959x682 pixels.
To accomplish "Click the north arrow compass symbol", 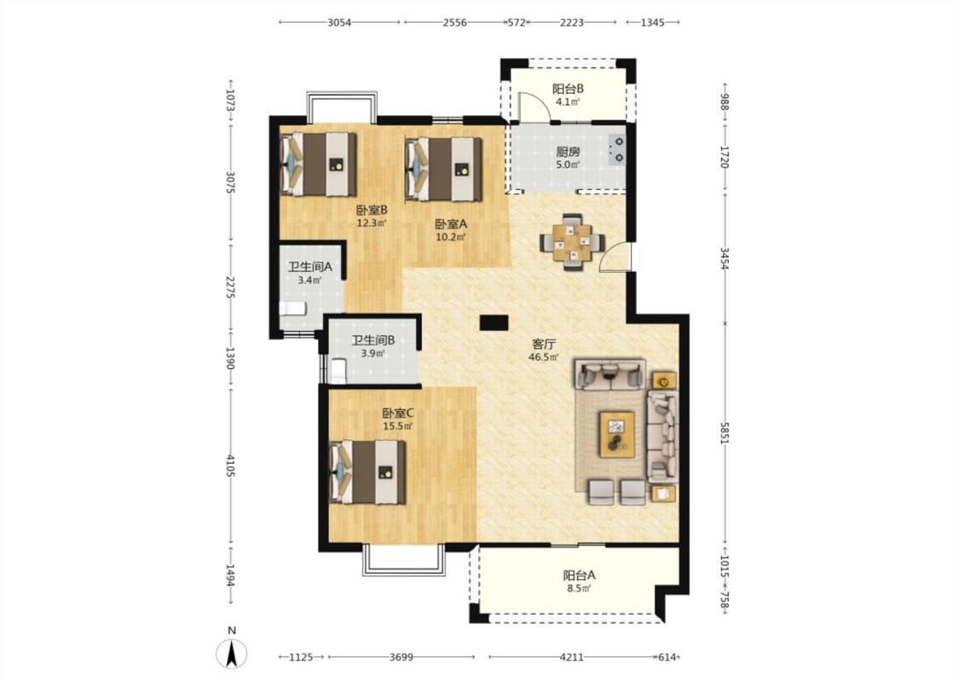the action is click(232, 653).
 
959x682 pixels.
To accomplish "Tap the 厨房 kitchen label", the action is click(568, 152).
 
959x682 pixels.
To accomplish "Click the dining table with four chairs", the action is click(573, 242).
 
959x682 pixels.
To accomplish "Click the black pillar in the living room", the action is click(494, 322).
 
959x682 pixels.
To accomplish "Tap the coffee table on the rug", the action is click(616, 434).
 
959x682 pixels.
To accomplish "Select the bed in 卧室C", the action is click(367, 472).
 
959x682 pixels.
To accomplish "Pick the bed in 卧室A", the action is click(444, 169).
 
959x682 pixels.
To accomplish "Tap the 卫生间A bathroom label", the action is click(310, 267).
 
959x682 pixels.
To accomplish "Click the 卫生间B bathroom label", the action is click(373, 340).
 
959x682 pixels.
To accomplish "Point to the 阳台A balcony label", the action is click(579, 575).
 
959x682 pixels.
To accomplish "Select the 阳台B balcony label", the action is click(569, 89).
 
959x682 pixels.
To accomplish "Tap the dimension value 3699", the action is click(402, 657).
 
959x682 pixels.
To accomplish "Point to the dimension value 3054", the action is click(339, 23).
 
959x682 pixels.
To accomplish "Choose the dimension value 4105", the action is click(230, 465).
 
